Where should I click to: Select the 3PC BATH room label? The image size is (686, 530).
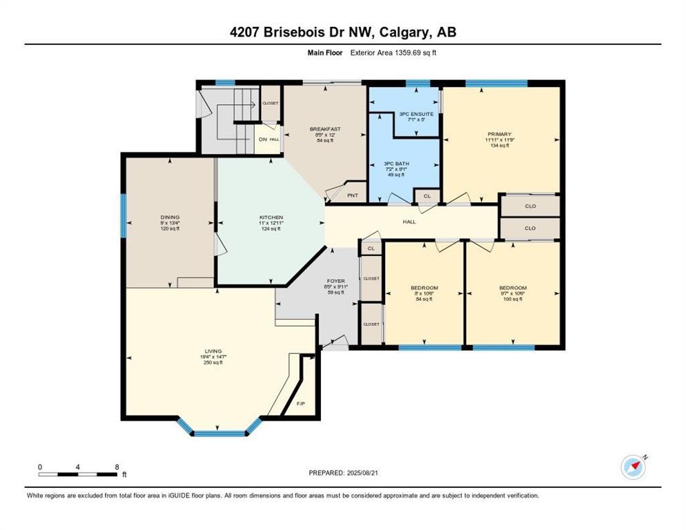pos(396,164)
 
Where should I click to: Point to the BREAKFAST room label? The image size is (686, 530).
pos(324,129)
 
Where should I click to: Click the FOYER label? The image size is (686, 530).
pos(335,282)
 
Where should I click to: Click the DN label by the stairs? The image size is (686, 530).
pos(262,139)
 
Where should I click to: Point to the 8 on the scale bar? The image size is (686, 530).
pos(117,467)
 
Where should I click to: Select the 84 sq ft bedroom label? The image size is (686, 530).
pos(424,288)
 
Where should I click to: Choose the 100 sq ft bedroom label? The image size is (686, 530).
pos(513,288)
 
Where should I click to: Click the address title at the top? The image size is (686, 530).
pos(343,32)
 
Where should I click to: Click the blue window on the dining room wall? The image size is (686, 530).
pos(124,215)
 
